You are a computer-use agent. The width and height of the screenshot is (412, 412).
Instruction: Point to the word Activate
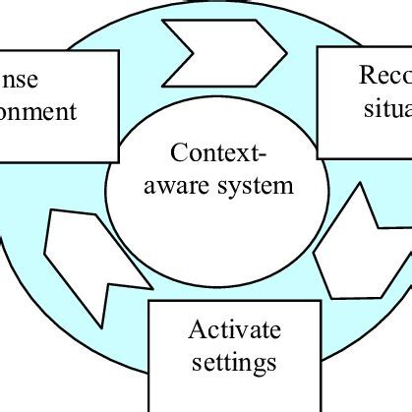tap(234, 329)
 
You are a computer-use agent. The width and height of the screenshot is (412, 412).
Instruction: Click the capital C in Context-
tap(174, 154)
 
